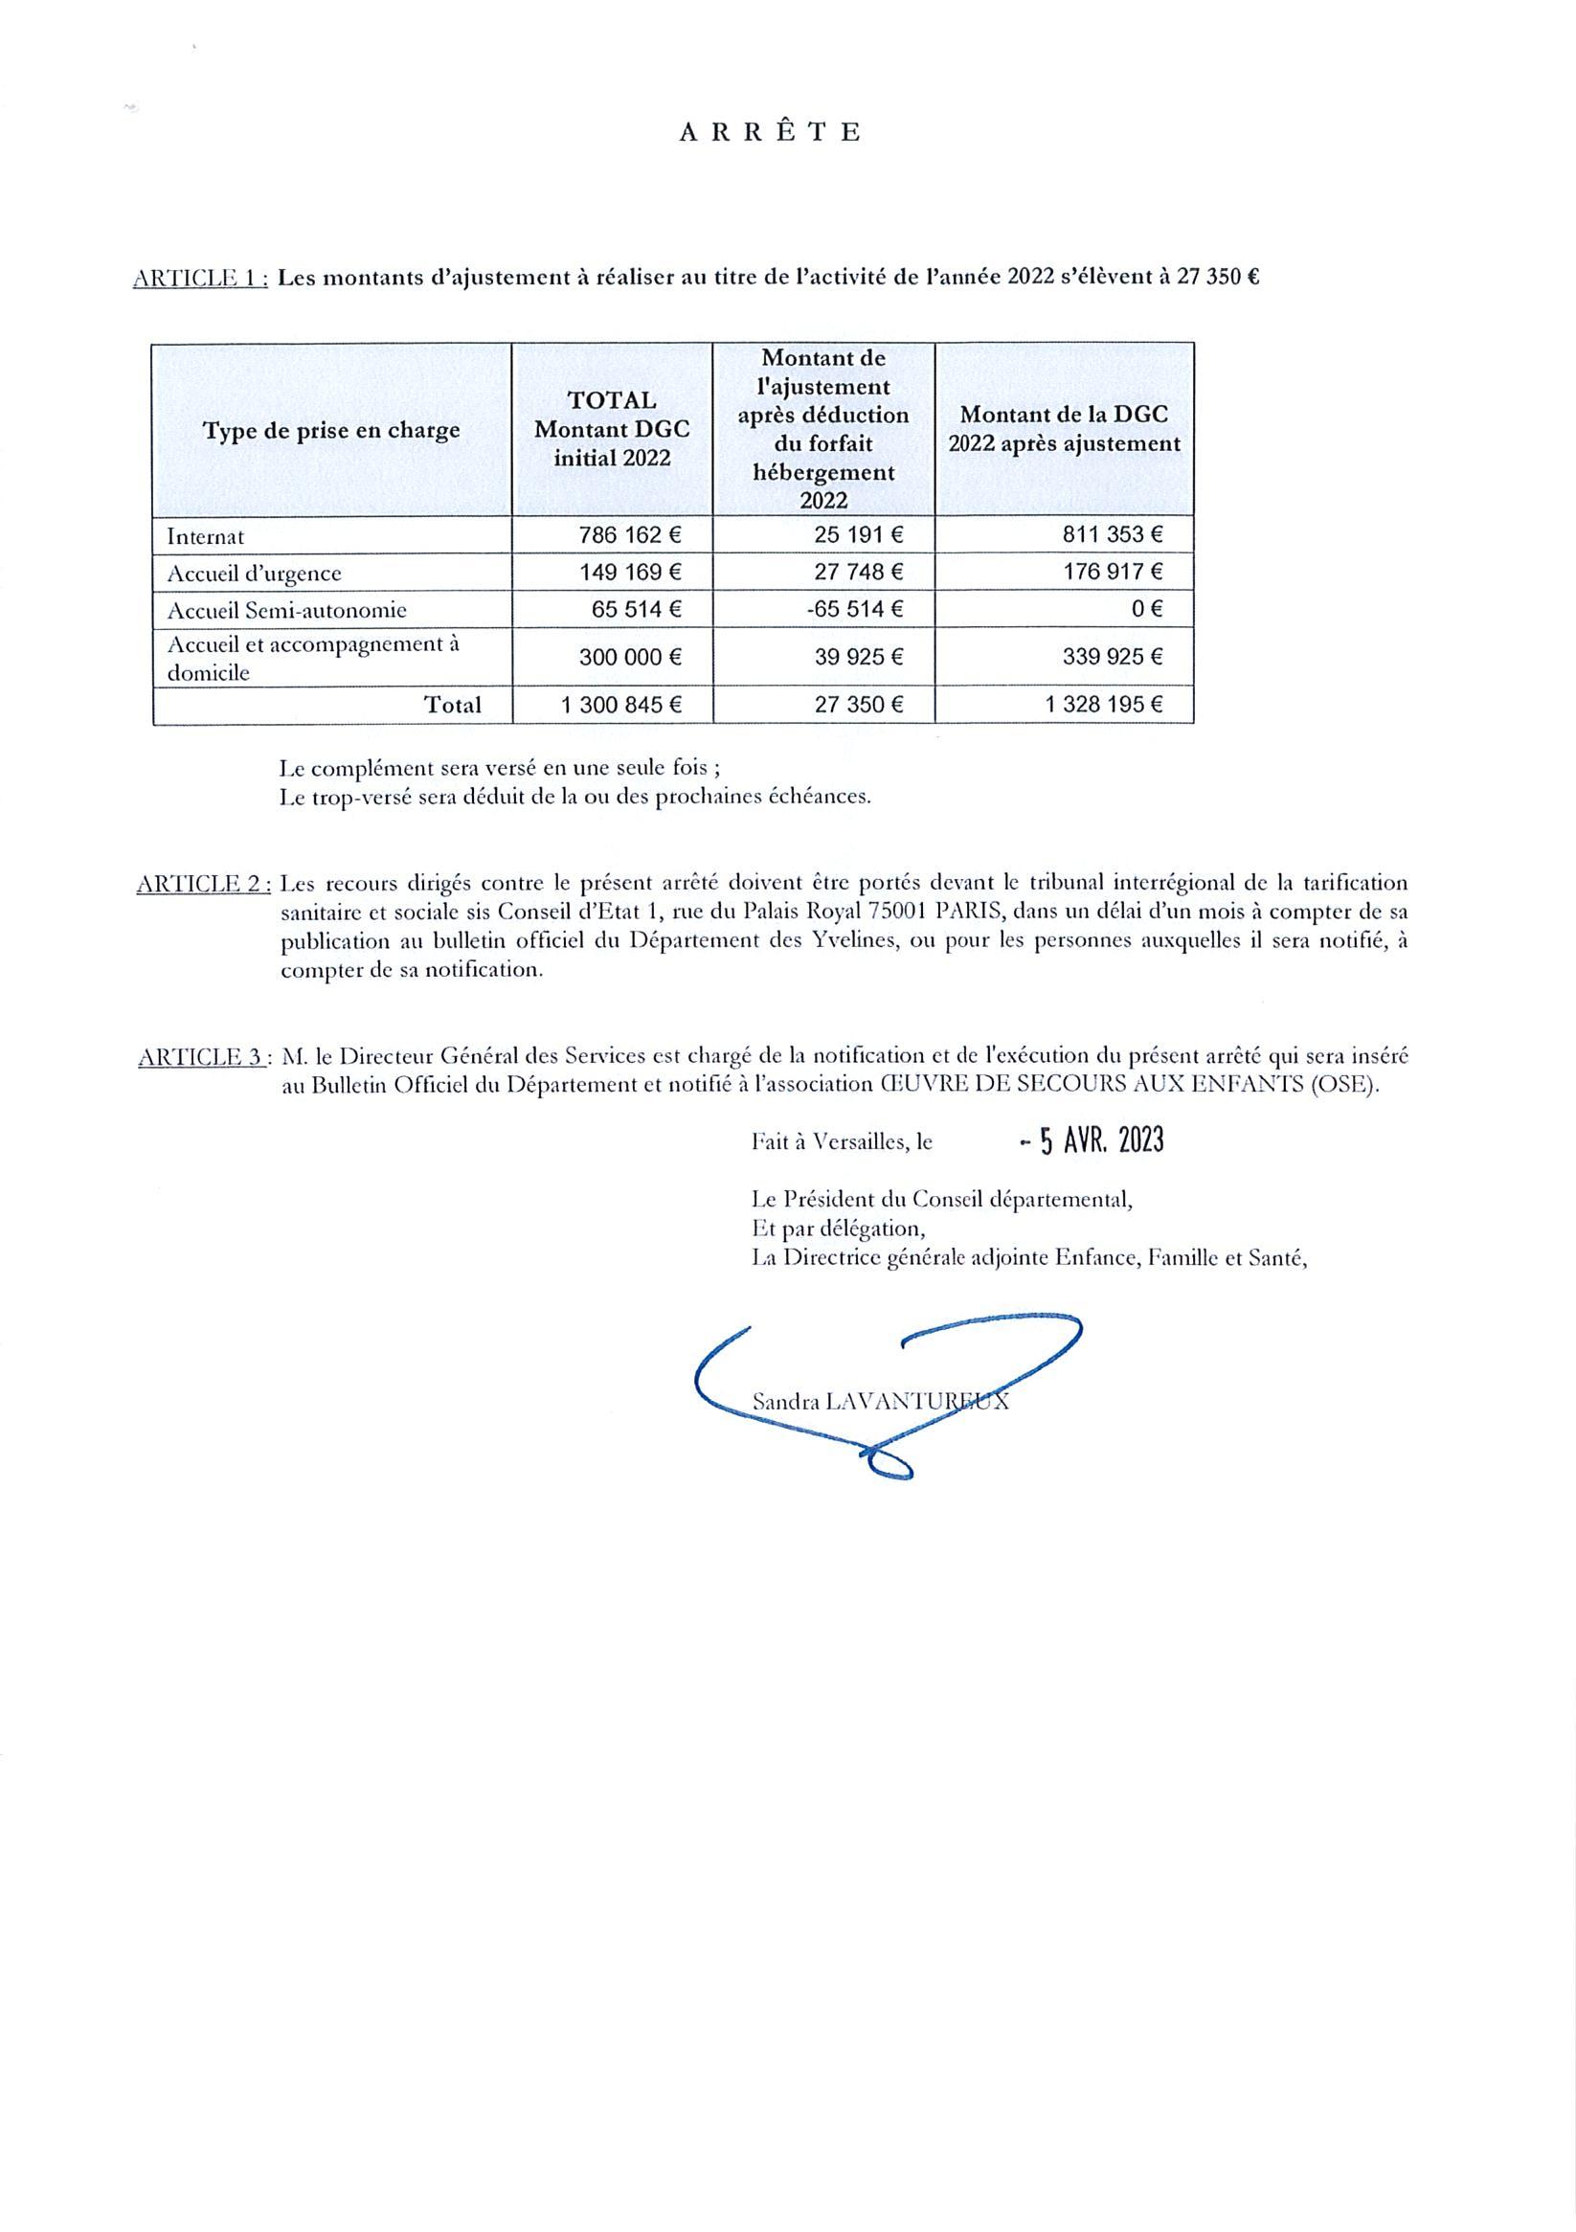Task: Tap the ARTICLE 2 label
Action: point(204,884)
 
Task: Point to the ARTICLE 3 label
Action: point(204,1057)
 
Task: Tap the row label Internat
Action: point(205,535)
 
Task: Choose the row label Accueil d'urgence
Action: point(254,573)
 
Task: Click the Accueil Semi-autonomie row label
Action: point(287,611)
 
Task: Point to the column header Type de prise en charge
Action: point(331,431)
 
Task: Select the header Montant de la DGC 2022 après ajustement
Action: point(1064,429)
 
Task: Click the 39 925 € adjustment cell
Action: point(860,657)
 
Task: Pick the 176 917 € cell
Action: point(1114,572)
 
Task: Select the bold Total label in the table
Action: point(452,705)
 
